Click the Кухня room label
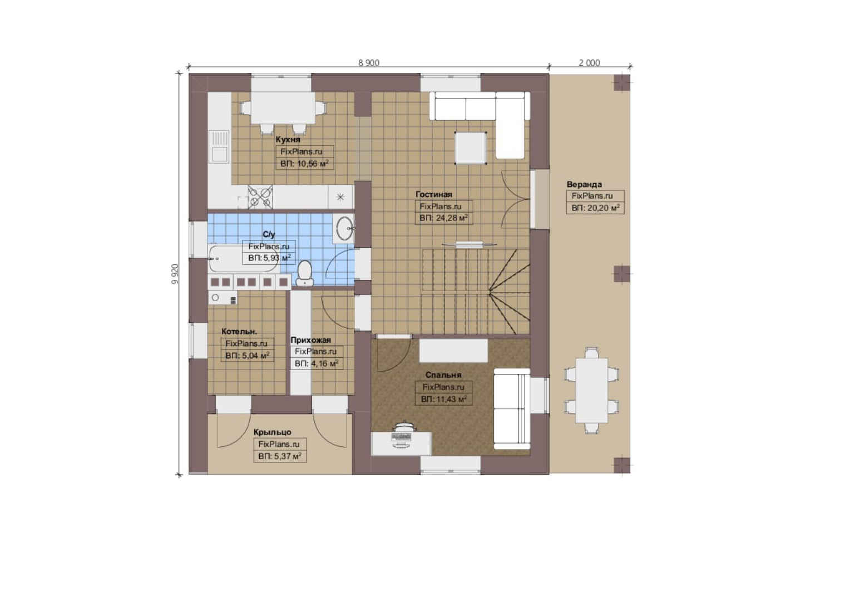click(288, 139)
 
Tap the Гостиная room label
click(434, 194)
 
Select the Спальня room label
click(443, 375)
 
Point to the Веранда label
click(584, 184)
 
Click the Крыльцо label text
click(273, 432)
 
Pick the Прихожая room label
click(311, 340)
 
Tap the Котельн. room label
click(239, 331)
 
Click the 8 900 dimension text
click(369, 63)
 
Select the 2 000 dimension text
click(589, 63)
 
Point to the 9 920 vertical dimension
click(175, 274)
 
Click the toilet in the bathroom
click(304, 273)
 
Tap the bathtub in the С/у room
click(243, 259)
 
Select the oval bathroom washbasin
click(344, 228)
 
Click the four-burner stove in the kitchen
click(260, 196)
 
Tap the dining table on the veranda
click(591, 390)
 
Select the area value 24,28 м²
click(443, 218)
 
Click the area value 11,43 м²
click(443, 399)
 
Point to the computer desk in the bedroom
click(401, 443)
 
